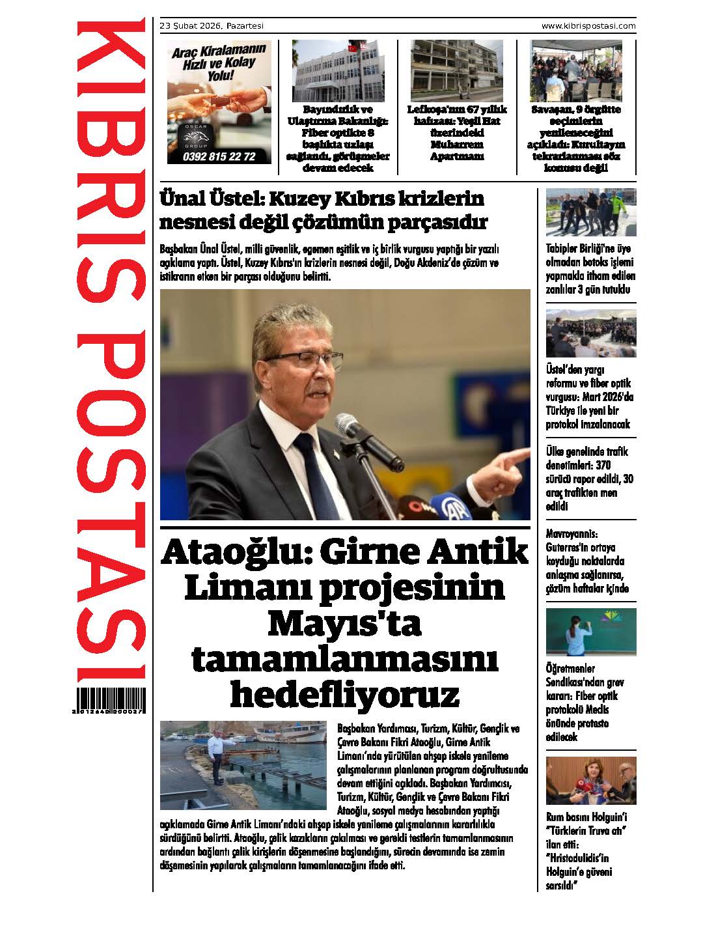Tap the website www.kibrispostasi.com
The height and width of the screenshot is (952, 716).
(x=588, y=25)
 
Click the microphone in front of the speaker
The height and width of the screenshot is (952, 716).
(x=354, y=429)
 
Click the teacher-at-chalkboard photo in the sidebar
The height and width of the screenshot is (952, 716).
(x=591, y=632)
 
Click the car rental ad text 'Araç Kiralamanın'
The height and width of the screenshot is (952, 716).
(x=219, y=50)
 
